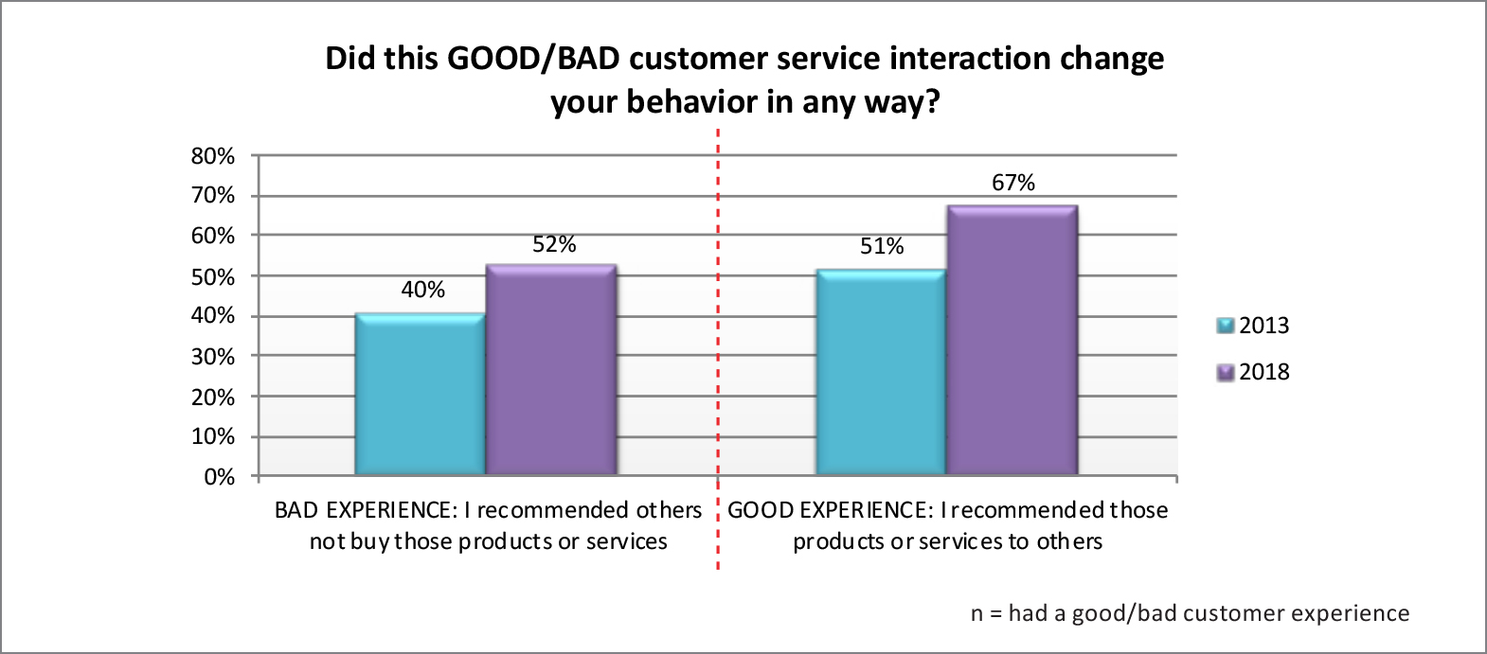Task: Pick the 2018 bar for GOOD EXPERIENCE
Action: [x=1012, y=340]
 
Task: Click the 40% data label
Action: [x=422, y=290]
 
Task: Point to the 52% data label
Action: [x=554, y=244]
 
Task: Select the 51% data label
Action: [x=882, y=246]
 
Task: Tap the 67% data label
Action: [x=1013, y=183]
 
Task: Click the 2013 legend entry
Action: [x=1253, y=326]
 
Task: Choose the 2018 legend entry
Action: [x=1253, y=372]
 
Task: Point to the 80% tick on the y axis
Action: [x=213, y=156]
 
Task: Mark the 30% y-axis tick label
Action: [x=213, y=357]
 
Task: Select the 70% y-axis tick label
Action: [x=213, y=196]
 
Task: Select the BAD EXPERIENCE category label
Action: [x=488, y=525]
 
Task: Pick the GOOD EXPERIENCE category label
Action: [x=947, y=525]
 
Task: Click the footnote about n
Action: [x=1190, y=613]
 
